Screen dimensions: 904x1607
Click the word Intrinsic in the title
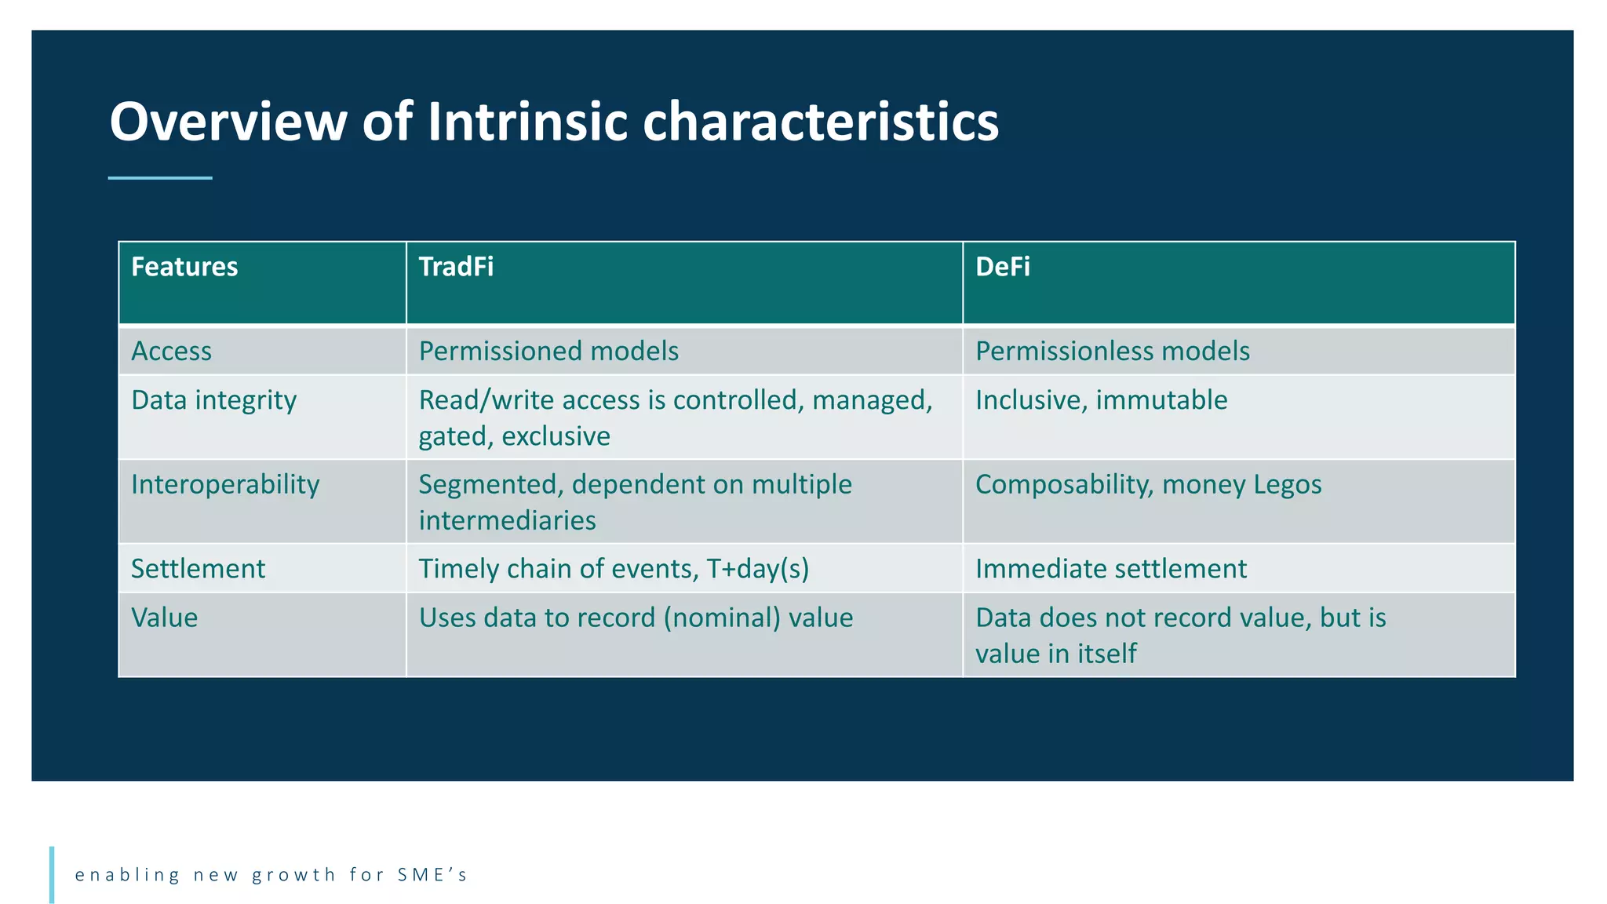pyautogui.click(x=527, y=122)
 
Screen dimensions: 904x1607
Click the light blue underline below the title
pyautogui.click(x=160, y=178)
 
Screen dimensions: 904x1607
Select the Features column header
pyautogui.click(x=184, y=267)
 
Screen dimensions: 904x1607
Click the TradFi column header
pyautogui.click(x=456, y=267)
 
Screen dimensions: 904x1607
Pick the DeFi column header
pyautogui.click(x=1002, y=267)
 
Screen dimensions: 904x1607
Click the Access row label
pyautogui.click(x=171, y=351)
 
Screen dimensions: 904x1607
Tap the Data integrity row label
pyautogui.click(x=213, y=400)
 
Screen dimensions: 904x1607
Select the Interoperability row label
pyautogui.click(x=225, y=484)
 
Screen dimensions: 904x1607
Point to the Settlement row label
pyautogui.click(x=198, y=568)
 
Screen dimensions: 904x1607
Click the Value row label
pyautogui.click(x=164, y=618)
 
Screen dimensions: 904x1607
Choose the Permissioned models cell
pyautogui.click(x=548, y=351)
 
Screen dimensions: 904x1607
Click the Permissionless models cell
pyautogui.click(x=1112, y=351)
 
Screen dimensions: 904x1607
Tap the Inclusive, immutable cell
pyautogui.click(x=1101, y=400)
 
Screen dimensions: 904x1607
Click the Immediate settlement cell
pyautogui.click(x=1110, y=568)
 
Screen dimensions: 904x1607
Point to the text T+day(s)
pyautogui.click(x=757, y=568)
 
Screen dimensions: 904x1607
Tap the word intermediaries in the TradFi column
pyautogui.click(x=507, y=520)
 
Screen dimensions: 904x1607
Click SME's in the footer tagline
pyautogui.click(x=432, y=874)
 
